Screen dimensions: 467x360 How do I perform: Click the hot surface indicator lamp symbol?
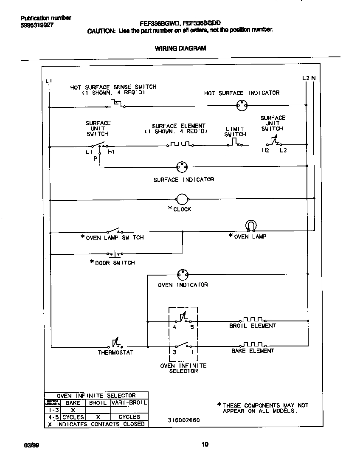pyautogui.click(x=242, y=105)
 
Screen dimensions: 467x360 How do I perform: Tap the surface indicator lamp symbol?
pyautogui.click(x=182, y=166)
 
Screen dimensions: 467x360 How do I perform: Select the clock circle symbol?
pyautogui.click(x=182, y=199)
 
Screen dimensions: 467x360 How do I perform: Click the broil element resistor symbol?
pyautogui.click(x=253, y=320)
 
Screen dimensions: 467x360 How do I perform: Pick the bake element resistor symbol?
pyautogui.click(x=253, y=344)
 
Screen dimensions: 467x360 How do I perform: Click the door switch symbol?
pyautogui.click(x=115, y=254)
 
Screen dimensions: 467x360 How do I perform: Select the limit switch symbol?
pyautogui.click(x=235, y=143)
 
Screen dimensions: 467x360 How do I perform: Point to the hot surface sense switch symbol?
pyautogui.click(x=116, y=103)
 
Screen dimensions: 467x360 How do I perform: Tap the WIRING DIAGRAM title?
pyautogui.click(x=180, y=48)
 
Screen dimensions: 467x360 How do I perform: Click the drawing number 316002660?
pyautogui.click(x=183, y=420)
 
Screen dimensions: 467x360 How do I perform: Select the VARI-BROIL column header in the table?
pyautogui.click(x=129, y=402)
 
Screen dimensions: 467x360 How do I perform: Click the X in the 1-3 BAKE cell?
pyautogui.click(x=73, y=410)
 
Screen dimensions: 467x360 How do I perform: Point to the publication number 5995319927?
pyautogui.click(x=37, y=25)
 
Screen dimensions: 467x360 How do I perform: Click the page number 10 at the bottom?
pyautogui.click(x=205, y=444)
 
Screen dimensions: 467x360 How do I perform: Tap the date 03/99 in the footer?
pyautogui.click(x=27, y=445)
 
